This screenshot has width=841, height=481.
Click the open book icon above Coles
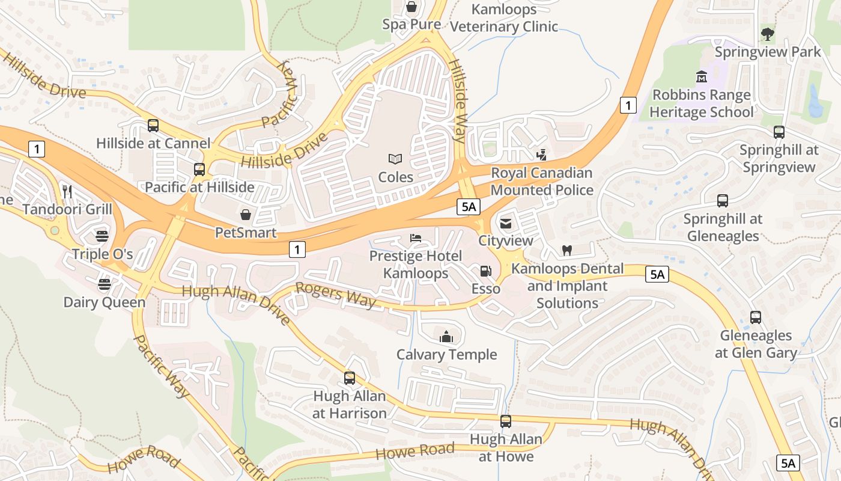pos(395,159)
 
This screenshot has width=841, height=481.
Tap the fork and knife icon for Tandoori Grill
pos(67,192)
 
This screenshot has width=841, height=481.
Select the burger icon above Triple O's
pos(102,236)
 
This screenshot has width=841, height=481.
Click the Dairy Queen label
pos(105,302)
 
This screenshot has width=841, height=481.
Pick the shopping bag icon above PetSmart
pos(246,215)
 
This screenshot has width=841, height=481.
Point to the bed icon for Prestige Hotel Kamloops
pos(416,238)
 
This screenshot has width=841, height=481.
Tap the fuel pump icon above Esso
pos(485,271)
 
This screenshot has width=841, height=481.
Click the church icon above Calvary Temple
pos(446,337)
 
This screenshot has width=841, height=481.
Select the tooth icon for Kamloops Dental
pos(566,250)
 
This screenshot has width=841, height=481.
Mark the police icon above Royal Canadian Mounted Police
pos(542,155)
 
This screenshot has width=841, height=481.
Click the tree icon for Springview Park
pos(767,34)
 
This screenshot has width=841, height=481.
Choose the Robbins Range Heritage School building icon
pos(701,77)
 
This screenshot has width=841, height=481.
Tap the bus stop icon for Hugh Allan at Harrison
pos(350,378)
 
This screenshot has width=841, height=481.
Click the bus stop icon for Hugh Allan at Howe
pos(506,421)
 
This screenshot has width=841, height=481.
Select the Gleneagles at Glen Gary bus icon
pos(756,317)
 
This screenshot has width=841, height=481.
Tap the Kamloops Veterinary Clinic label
pos(504,18)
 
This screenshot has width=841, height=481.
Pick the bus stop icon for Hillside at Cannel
pos(153,126)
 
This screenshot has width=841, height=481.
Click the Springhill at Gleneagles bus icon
pos(723,201)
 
